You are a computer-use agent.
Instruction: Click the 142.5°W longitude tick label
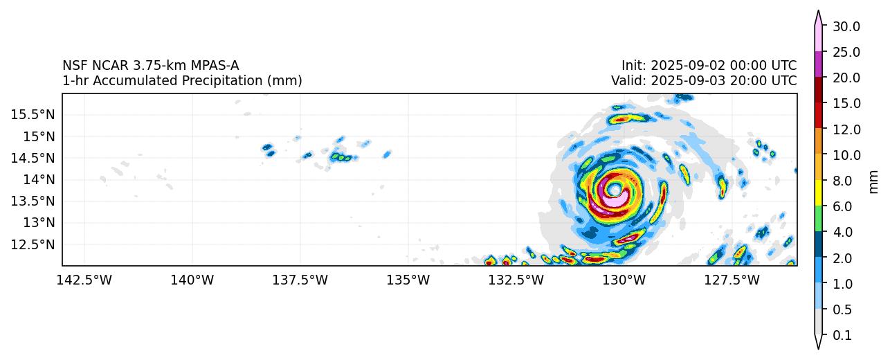coord(84,280)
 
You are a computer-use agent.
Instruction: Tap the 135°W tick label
coord(408,280)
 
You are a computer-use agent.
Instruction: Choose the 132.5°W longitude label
coord(516,280)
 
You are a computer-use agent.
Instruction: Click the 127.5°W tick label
coord(733,280)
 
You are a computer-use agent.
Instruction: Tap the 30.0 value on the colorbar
coord(846,26)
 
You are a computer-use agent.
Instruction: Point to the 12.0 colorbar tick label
coord(846,129)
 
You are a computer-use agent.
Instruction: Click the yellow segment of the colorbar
coord(818,193)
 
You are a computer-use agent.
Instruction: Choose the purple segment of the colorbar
coord(818,64)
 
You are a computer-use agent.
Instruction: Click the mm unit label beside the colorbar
coord(873,181)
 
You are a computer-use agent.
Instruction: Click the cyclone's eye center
coord(614,189)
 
